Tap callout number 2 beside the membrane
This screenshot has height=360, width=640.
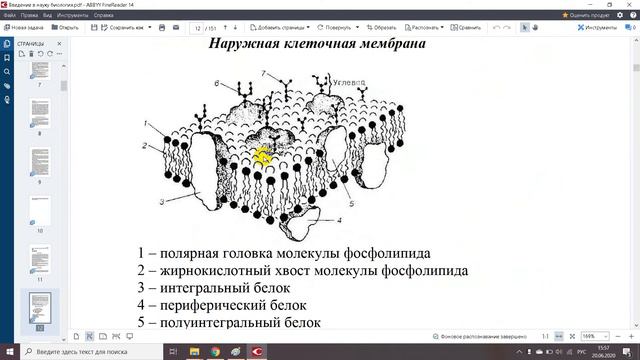coord(145,147)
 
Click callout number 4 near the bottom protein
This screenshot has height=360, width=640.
coord(339,219)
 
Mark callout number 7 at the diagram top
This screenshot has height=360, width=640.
coord(264,75)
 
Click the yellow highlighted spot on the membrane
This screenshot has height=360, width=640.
coord(263,156)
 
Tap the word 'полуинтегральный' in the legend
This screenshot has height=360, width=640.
coord(227,323)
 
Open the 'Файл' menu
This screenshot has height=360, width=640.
coord(9,15)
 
